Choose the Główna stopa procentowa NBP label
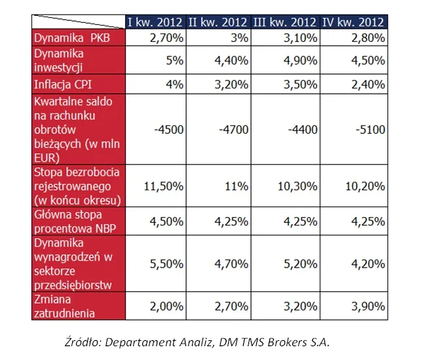tap(69, 220)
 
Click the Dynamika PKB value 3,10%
tap(303, 38)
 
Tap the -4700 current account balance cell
tap(234, 129)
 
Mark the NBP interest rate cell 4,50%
tap(167, 220)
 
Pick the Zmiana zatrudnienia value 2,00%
tap(167, 306)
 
